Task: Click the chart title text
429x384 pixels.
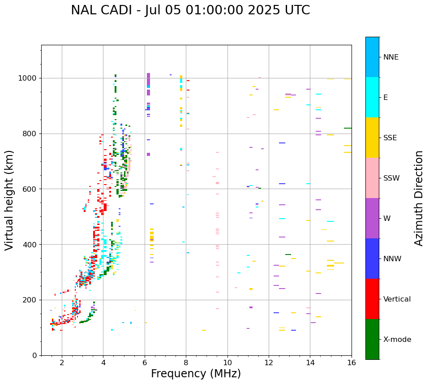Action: coord(190,10)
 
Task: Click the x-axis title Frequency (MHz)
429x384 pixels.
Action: coord(196,374)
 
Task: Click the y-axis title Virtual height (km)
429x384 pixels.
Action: coord(9,200)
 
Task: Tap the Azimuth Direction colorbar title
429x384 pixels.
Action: coord(419,198)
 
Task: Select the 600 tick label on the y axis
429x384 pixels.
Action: coord(31,189)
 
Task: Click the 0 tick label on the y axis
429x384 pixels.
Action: coord(35,355)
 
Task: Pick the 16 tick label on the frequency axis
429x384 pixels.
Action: coord(352,362)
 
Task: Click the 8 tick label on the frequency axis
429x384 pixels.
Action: coord(186,362)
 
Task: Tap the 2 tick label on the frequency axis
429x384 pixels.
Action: coord(62,362)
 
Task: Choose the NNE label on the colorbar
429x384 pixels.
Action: coord(391,57)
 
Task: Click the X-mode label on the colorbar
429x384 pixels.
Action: coord(397,340)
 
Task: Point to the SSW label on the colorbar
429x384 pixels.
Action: coord(391,178)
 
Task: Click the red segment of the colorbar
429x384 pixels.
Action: coord(372,299)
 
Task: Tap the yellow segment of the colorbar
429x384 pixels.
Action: coord(372,138)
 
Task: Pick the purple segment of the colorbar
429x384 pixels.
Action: coord(372,218)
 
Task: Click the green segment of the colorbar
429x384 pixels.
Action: coord(372,339)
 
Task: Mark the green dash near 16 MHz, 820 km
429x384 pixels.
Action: coord(347,128)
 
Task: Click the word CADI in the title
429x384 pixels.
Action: coord(120,10)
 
